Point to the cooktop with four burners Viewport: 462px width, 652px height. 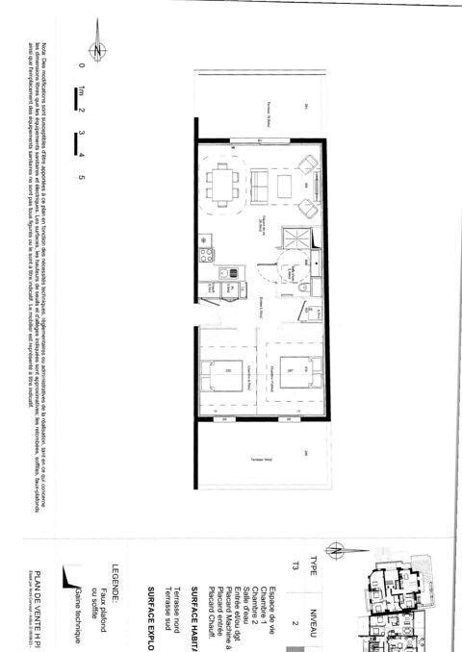coord(205,255)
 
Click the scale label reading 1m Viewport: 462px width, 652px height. coord(84,92)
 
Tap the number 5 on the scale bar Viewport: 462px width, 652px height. coord(83,177)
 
